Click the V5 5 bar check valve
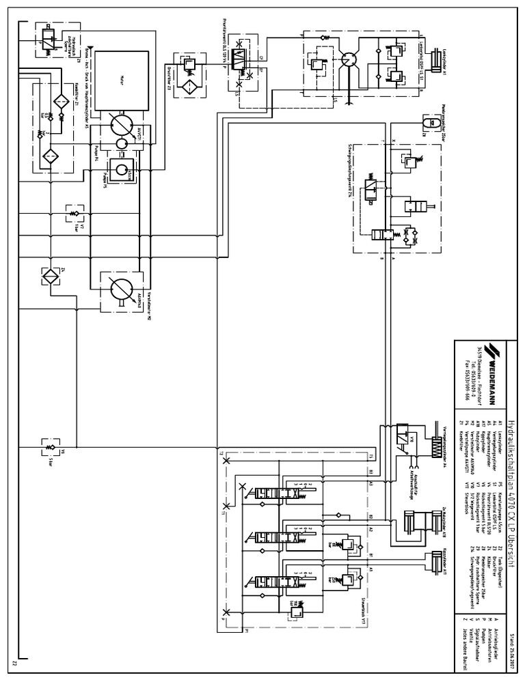[x=48, y=448]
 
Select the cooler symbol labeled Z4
[x=51, y=276]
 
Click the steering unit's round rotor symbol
[x=350, y=60]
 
